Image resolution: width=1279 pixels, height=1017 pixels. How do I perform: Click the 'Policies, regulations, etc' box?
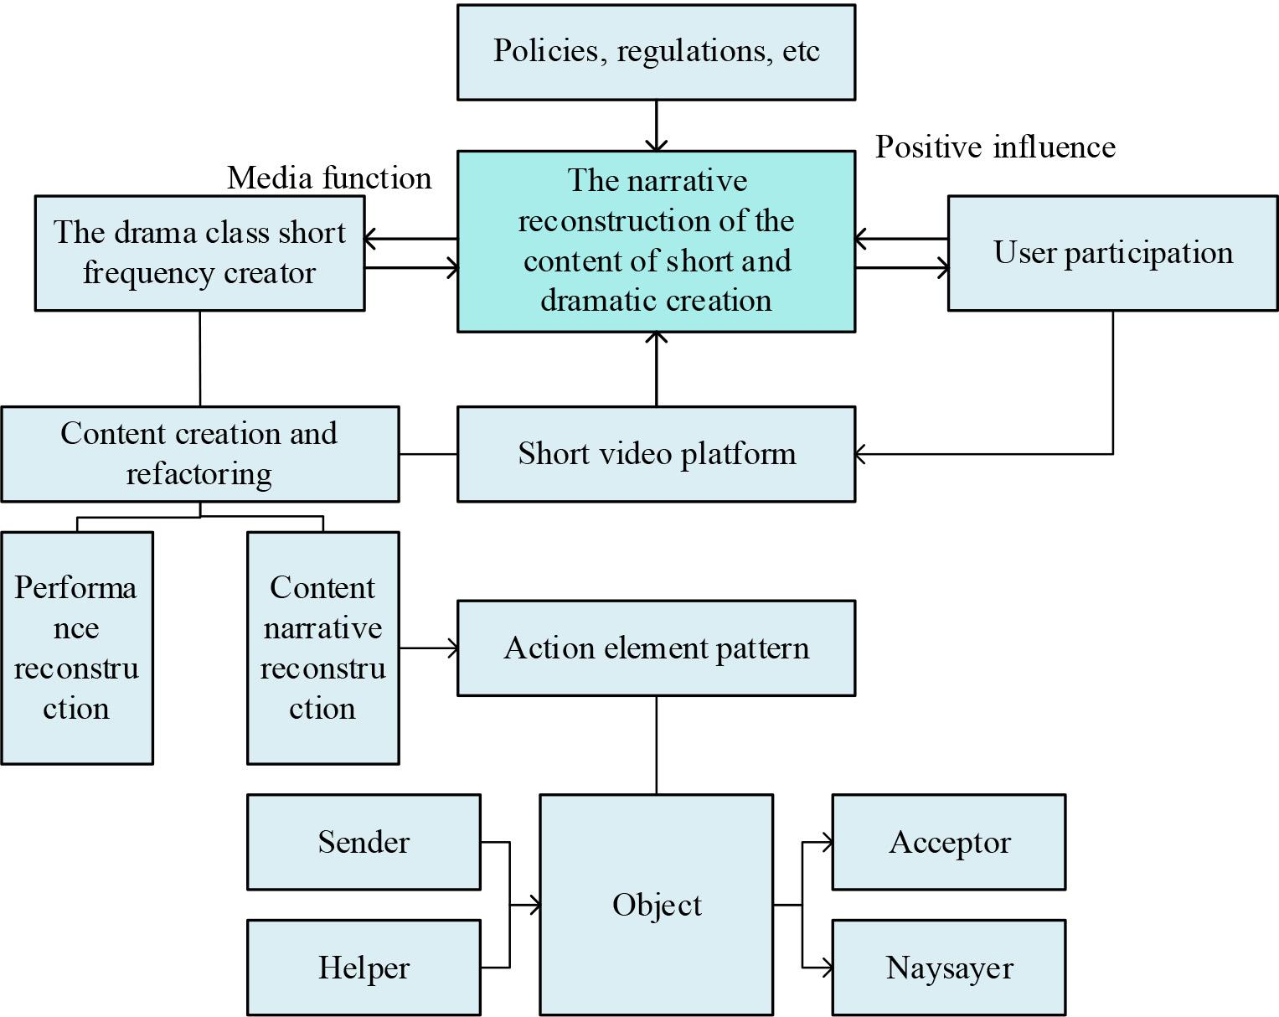point(656,52)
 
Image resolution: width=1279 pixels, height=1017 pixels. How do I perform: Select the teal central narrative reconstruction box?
point(656,241)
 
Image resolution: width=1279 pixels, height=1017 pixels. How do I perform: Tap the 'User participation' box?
point(1112,253)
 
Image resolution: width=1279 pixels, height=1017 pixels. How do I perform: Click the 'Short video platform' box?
point(656,454)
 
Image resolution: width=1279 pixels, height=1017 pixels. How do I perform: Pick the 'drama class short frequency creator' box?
point(199,253)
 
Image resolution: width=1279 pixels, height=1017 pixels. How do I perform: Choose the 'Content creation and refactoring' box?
point(199,454)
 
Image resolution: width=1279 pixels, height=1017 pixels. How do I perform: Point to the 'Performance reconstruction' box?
point(76,648)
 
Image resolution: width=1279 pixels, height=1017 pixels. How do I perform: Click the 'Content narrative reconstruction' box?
point(322,648)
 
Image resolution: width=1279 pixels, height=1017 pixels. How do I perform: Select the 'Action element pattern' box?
point(656,648)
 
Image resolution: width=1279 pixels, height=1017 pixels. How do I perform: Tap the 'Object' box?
point(656,905)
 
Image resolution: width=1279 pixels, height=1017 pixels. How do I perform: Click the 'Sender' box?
point(364,842)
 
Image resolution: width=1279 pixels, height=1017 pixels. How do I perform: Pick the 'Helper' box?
point(364,968)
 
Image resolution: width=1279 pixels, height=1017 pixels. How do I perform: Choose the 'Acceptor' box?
point(948,842)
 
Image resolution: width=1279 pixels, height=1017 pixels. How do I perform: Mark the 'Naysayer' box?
point(948,968)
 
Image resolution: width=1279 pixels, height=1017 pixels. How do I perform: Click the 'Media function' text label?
point(329,178)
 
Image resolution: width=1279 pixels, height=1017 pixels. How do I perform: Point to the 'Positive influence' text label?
point(995,147)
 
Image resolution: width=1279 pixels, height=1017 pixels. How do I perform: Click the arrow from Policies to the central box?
point(656,126)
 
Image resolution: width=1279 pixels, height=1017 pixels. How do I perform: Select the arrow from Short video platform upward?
point(656,369)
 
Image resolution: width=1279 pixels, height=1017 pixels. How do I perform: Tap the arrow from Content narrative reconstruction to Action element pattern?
point(428,648)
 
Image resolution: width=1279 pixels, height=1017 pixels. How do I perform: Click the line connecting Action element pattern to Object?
point(656,745)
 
